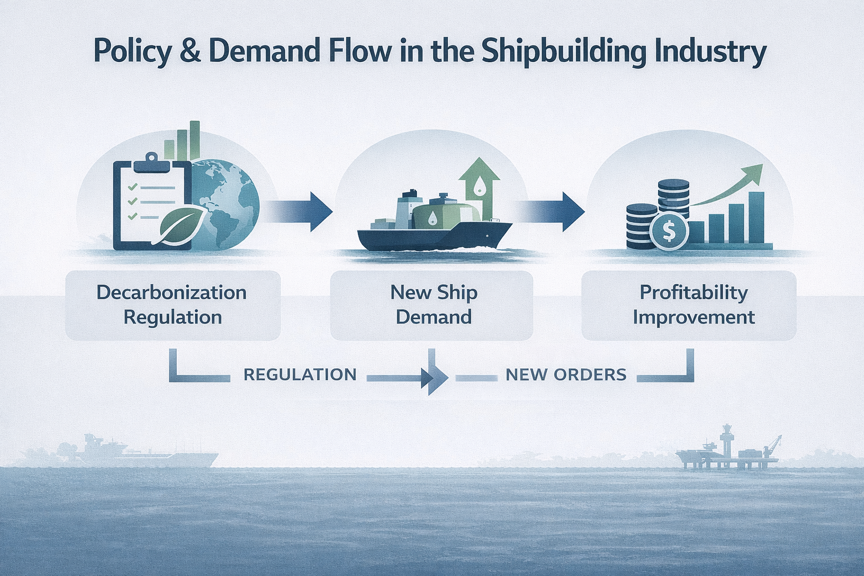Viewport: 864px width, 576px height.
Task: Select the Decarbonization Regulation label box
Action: [x=173, y=305]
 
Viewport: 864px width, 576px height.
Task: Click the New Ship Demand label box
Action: [x=432, y=305]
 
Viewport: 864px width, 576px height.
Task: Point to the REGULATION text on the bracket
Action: [x=300, y=375]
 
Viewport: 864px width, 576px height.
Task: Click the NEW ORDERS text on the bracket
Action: [x=566, y=375]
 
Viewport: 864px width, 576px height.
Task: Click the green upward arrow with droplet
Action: [x=479, y=183]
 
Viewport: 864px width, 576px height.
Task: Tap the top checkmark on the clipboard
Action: [x=132, y=187]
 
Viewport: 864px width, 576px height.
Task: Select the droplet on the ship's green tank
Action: [x=430, y=219]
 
